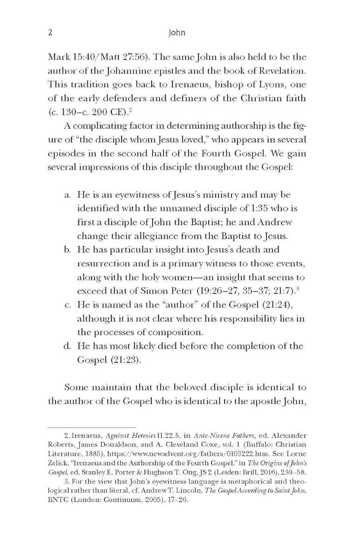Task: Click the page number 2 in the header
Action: point(50,33)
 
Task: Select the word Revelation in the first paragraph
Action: point(285,73)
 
